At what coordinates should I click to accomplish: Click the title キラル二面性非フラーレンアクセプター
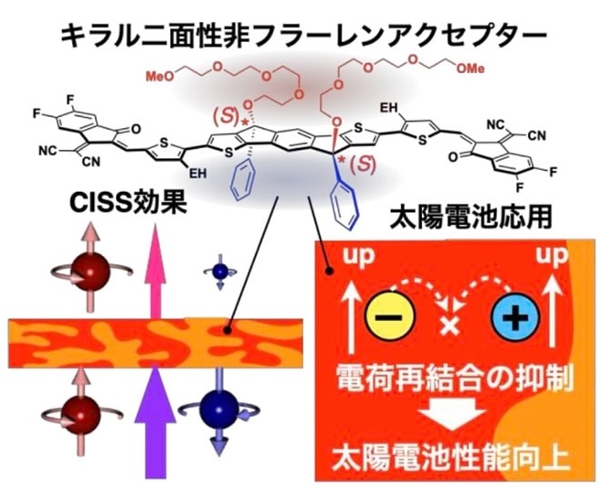302,34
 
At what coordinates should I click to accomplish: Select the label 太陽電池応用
476,220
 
